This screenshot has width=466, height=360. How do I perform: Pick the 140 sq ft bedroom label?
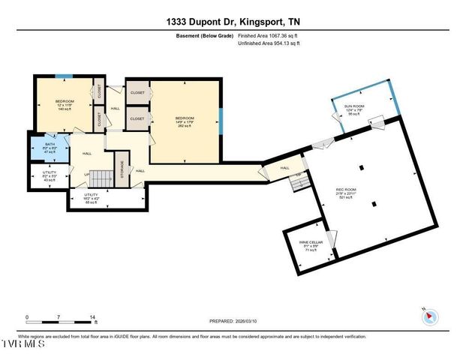click(65, 104)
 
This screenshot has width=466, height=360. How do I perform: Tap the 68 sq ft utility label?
click(93, 198)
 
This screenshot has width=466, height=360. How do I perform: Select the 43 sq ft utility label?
click(50, 176)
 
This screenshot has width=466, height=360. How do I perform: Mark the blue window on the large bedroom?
click(221, 119)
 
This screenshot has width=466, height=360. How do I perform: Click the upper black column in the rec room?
click(361, 166)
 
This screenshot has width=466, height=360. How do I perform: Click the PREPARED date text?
click(233, 320)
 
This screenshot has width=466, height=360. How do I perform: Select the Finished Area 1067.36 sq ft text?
click(268, 35)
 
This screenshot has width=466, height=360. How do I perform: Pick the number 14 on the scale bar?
click(92, 317)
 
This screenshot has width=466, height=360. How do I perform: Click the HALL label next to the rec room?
click(284, 167)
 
